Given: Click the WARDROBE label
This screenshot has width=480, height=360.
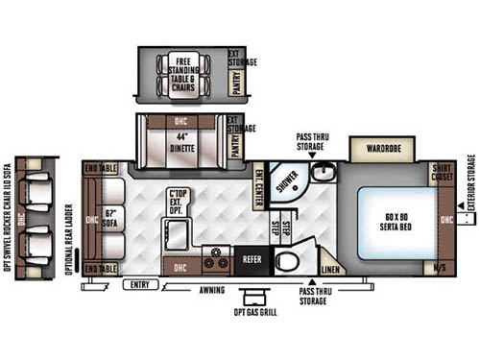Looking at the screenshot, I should pyautogui.click(x=381, y=148).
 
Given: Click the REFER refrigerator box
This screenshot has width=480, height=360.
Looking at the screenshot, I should pyautogui.click(x=251, y=259).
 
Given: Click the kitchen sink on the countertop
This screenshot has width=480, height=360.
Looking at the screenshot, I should pyautogui.click(x=177, y=231).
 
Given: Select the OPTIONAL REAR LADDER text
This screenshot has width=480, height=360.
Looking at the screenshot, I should pyautogui.click(x=69, y=222).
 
